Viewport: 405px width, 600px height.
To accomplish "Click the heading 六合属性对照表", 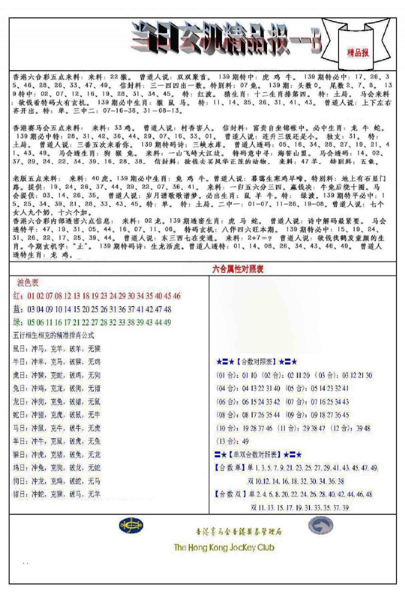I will pyautogui.click(x=238, y=269).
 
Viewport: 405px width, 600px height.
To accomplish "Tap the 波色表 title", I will pyautogui.click(x=28, y=283).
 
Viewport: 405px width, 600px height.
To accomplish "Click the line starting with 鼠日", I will pyautogui.click(x=57, y=349).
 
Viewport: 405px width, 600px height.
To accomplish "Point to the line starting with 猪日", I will pyautogui.click(x=57, y=494).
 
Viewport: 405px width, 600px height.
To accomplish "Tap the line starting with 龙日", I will pyautogui.click(x=57, y=402).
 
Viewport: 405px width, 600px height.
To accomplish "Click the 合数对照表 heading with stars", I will pyautogui.click(x=256, y=362).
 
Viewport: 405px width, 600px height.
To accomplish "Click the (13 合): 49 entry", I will pyautogui.click(x=232, y=441).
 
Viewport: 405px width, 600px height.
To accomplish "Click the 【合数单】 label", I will pyautogui.click(x=230, y=468).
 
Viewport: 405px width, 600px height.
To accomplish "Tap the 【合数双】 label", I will pyautogui.click(x=230, y=494).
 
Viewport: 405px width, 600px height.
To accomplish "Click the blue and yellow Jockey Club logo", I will pyautogui.click(x=131, y=525).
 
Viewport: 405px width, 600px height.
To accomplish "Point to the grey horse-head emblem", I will pyautogui.click(x=321, y=525).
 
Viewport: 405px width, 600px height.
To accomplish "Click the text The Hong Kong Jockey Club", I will pyautogui.click(x=224, y=547).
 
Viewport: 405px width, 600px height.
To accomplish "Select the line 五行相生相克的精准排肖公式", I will pyautogui.click(x=54, y=335).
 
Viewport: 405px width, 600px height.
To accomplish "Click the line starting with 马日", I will pyautogui.click(x=57, y=428).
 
